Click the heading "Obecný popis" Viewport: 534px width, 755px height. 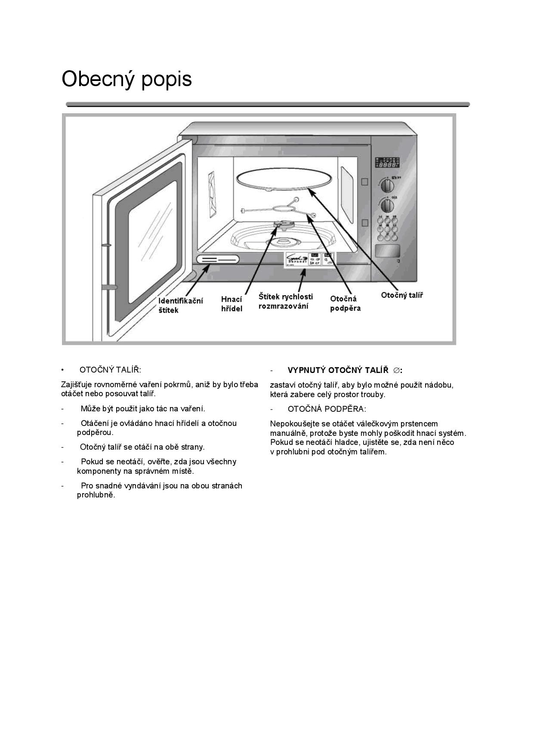127,79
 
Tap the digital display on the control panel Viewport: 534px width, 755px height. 387,162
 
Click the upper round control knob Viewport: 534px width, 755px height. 387,186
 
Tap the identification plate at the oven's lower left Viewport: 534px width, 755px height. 217,259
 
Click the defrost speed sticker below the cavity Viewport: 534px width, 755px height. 309,260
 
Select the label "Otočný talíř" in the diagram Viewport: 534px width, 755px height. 402,295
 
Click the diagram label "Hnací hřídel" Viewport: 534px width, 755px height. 232,304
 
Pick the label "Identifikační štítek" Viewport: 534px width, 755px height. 180,305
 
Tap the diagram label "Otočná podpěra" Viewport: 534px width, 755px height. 345,304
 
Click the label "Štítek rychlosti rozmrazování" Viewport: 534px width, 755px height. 285,301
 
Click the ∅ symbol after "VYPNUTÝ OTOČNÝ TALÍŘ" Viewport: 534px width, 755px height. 397,370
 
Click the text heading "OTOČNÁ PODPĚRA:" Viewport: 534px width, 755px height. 327,409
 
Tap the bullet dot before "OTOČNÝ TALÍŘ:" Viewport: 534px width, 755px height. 63,370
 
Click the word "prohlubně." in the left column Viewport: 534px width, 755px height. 96,495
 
